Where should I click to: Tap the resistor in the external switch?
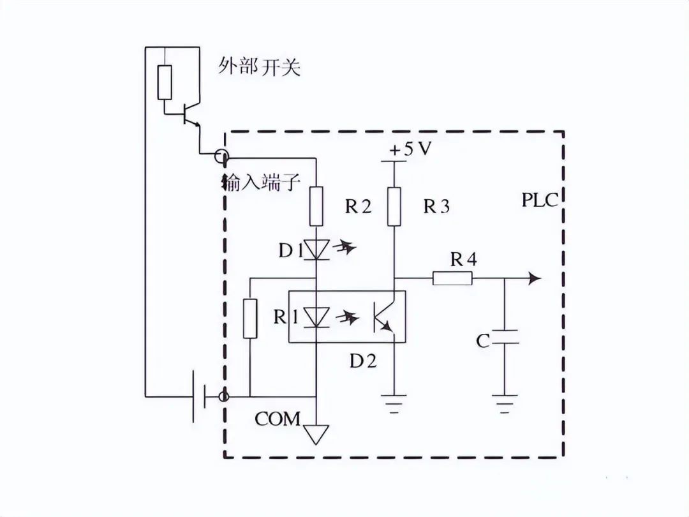point(165,82)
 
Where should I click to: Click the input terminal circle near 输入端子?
point(221,156)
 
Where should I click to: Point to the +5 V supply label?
point(410,149)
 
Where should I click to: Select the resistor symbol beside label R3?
point(395,207)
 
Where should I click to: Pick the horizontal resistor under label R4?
point(452,278)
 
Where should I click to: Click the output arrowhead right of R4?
point(535,278)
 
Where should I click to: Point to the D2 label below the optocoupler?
point(363,361)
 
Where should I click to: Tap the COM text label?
point(278,419)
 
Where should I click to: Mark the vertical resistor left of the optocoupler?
point(250,318)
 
